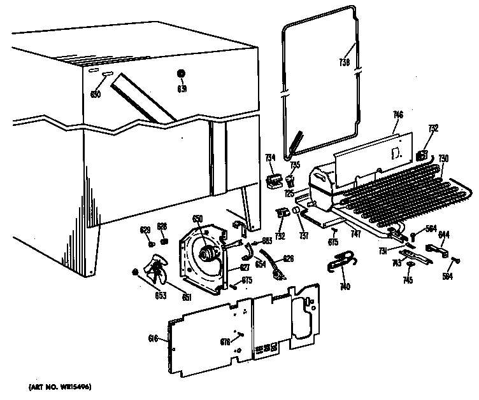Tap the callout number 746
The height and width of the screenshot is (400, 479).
pyautogui.click(x=398, y=114)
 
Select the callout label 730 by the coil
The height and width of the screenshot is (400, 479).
pyautogui.click(x=443, y=158)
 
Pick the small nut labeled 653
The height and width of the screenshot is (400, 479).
pyautogui.click(x=135, y=273)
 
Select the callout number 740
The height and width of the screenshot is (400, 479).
pyautogui.click(x=345, y=287)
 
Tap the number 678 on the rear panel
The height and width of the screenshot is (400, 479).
pyautogui.click(x=224, y=342)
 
